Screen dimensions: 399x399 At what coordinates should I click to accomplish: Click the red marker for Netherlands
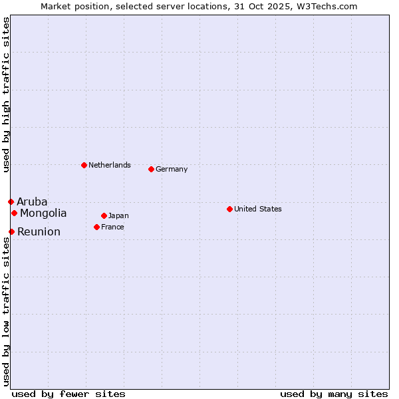coord(84,165)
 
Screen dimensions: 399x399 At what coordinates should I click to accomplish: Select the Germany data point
coord(151,169)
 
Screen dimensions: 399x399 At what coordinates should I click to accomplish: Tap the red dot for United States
coord(229,209)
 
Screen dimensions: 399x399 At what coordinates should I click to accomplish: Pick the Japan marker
coord(104,215)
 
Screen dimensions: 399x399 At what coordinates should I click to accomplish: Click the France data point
coord(96,227)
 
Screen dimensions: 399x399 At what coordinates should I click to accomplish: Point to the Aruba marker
coord(11,201)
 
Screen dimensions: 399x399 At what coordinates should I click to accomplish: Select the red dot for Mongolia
coord(14,213)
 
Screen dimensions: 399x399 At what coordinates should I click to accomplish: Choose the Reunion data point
coord(11,231)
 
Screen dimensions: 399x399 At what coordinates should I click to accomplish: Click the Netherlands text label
coord(110,165)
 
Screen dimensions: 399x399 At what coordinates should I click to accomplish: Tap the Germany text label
coord(172,169)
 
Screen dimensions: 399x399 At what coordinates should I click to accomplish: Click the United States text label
coord(258,209)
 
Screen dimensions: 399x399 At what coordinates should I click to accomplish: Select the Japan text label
coord(118,215)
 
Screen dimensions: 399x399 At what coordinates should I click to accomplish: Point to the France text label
coord(112,227)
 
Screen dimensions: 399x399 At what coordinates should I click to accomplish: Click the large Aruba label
coord(32,201)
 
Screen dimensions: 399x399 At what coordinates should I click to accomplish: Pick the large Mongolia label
coord(43,213)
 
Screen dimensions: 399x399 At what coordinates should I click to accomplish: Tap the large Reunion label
coord(39,231)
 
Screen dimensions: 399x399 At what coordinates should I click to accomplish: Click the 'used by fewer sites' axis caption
coord(68,394)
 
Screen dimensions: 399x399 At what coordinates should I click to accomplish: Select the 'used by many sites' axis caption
coord(334,394)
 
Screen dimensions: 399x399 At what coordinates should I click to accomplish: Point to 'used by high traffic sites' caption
coord(6,94)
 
